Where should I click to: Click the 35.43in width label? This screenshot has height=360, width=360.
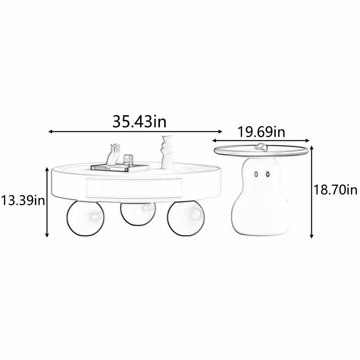(x=139, y=121)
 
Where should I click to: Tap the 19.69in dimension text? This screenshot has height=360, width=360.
(x=261, y=132)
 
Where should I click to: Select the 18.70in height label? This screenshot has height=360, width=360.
(x=335, y=190)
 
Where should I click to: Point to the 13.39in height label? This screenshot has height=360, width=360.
(x=23, y=200)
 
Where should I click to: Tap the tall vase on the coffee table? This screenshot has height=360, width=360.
(x=167, y=153)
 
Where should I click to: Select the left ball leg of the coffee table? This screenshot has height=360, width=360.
(x=85, y=218)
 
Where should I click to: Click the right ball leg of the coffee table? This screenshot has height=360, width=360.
(x=185, y=218)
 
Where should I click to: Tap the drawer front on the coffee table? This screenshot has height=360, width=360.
(x=134, y=188)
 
